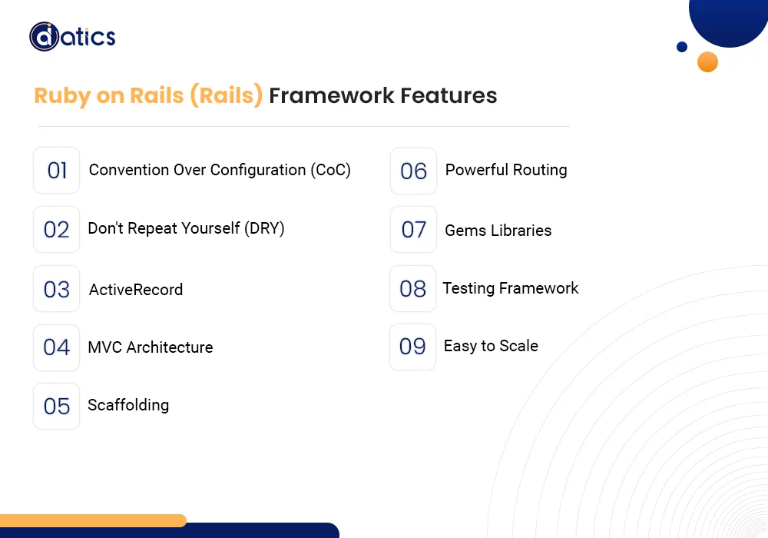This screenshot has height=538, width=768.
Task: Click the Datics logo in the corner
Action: (x=72, y=37)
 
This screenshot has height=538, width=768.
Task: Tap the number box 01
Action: (x=57, y=171)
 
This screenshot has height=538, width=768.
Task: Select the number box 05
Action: (x=57, y=406)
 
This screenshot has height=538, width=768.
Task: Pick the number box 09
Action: (x=413, y=347)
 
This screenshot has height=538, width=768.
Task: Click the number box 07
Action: (x=414, y=230)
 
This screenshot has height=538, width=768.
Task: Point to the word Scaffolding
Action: (x=128, y=405)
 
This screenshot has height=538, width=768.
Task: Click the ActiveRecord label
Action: (x=136, y=290)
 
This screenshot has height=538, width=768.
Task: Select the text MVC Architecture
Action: (x=151, y=347)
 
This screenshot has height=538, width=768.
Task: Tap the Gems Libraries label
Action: (x=498, y=231)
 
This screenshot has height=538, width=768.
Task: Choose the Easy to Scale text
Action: (x=491, y=346)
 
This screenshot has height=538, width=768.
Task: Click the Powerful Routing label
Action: (x=506, y=170)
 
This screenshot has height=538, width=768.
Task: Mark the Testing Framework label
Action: (x=511, y=288)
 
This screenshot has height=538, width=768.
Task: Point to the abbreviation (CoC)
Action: (x=331, y=170)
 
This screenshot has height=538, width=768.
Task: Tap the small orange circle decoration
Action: (x=707, y=62)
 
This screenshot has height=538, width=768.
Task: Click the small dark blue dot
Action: (x=682, y=47)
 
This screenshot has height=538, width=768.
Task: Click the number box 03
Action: (x=57, y=289)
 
